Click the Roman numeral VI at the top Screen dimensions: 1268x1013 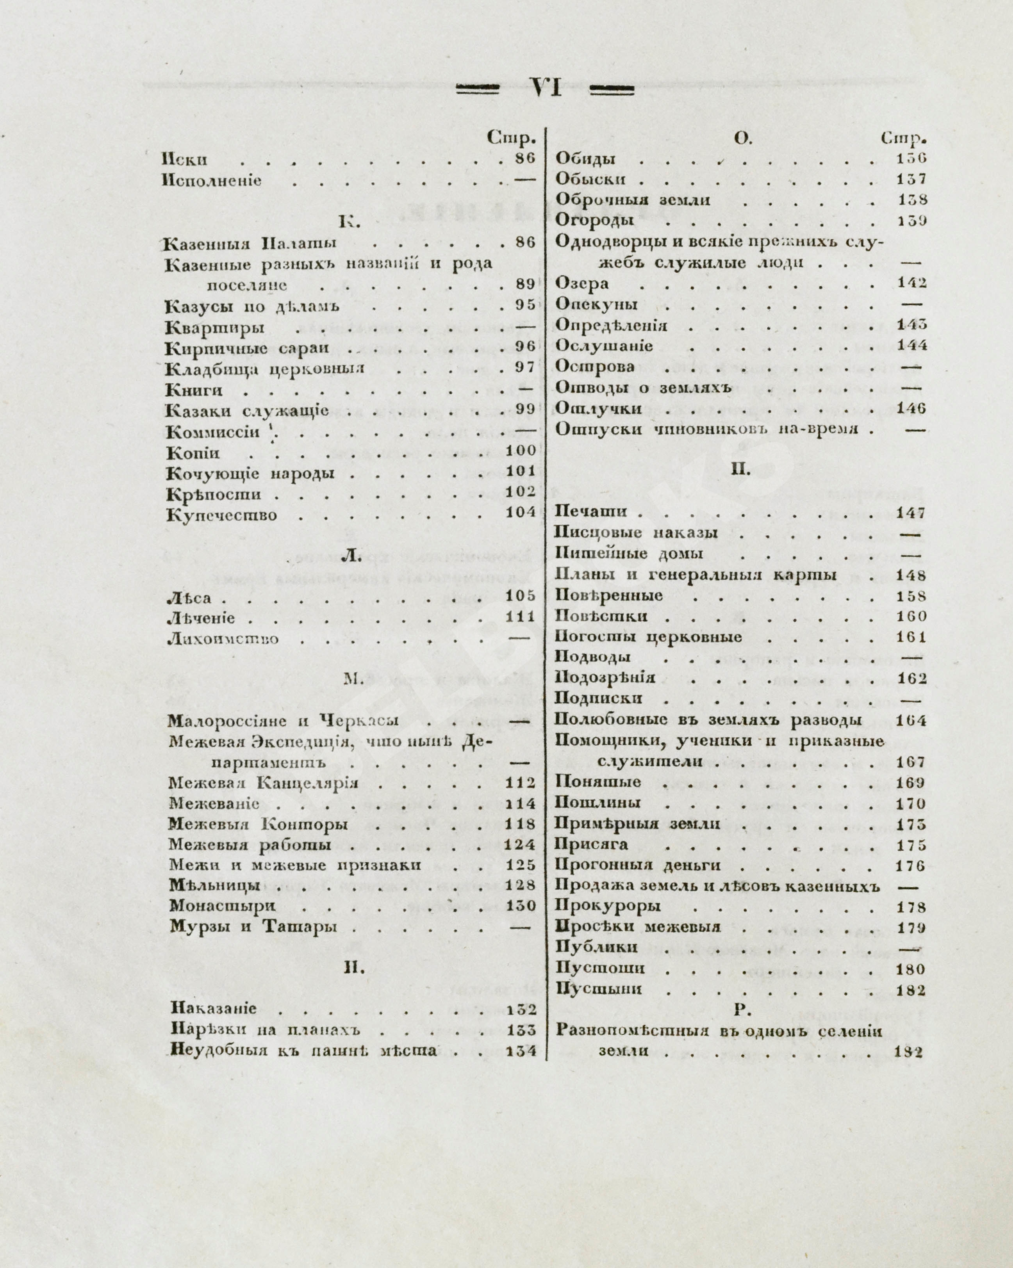click(545, 89)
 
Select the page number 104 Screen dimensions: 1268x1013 click(521, 512)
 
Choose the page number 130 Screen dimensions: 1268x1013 click(521, 906)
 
